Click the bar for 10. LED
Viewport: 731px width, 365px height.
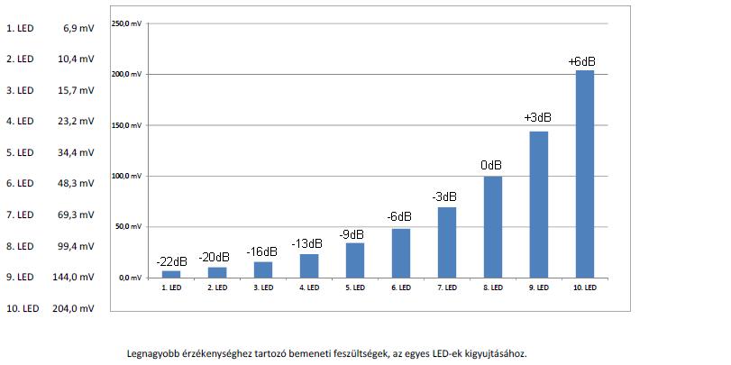pyautogui.click(x=584, y=173)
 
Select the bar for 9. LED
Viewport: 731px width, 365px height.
pyautogui.click(x=538, y=204)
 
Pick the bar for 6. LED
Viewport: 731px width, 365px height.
pyautogui.click(x=400, y=252)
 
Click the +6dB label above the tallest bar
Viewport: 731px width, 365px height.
pyautogui.click(x=582, y=61)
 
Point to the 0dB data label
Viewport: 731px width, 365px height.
pyautogui.click(x=491, y=166)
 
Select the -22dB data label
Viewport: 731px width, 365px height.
pyautogui.click(x=170, y=261)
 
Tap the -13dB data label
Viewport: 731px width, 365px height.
pyautogui.click(x=308, y=244)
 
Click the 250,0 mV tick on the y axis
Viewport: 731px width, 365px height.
pyautogui.click(x=125, y=23)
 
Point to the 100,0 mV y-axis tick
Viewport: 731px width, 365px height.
pyautogui.click(x=125, y=175)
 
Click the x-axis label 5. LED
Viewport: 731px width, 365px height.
pyautogui.click(x=354, y=288)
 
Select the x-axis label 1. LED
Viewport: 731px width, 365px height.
pyautogui.click(x=171, y=288)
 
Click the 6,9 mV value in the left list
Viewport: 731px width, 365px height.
pyautogui.click(x=78, y=29)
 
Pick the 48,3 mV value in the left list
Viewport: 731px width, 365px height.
pyautogui.click(x=77, y=184)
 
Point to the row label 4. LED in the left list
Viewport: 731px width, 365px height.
pyautogui.click(x=20, y=122)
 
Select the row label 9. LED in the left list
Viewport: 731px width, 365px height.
pyautogui.click(x=20, y=278)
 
